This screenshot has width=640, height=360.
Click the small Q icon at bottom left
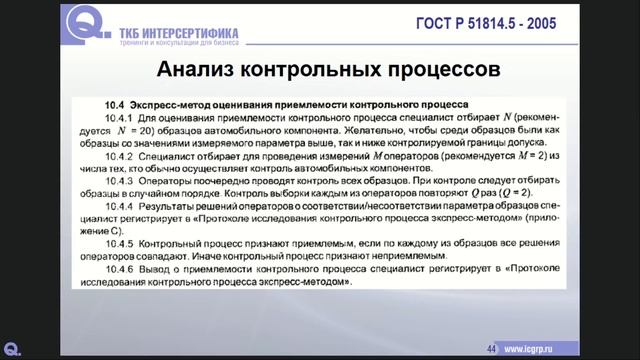click(x=13, y=348)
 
